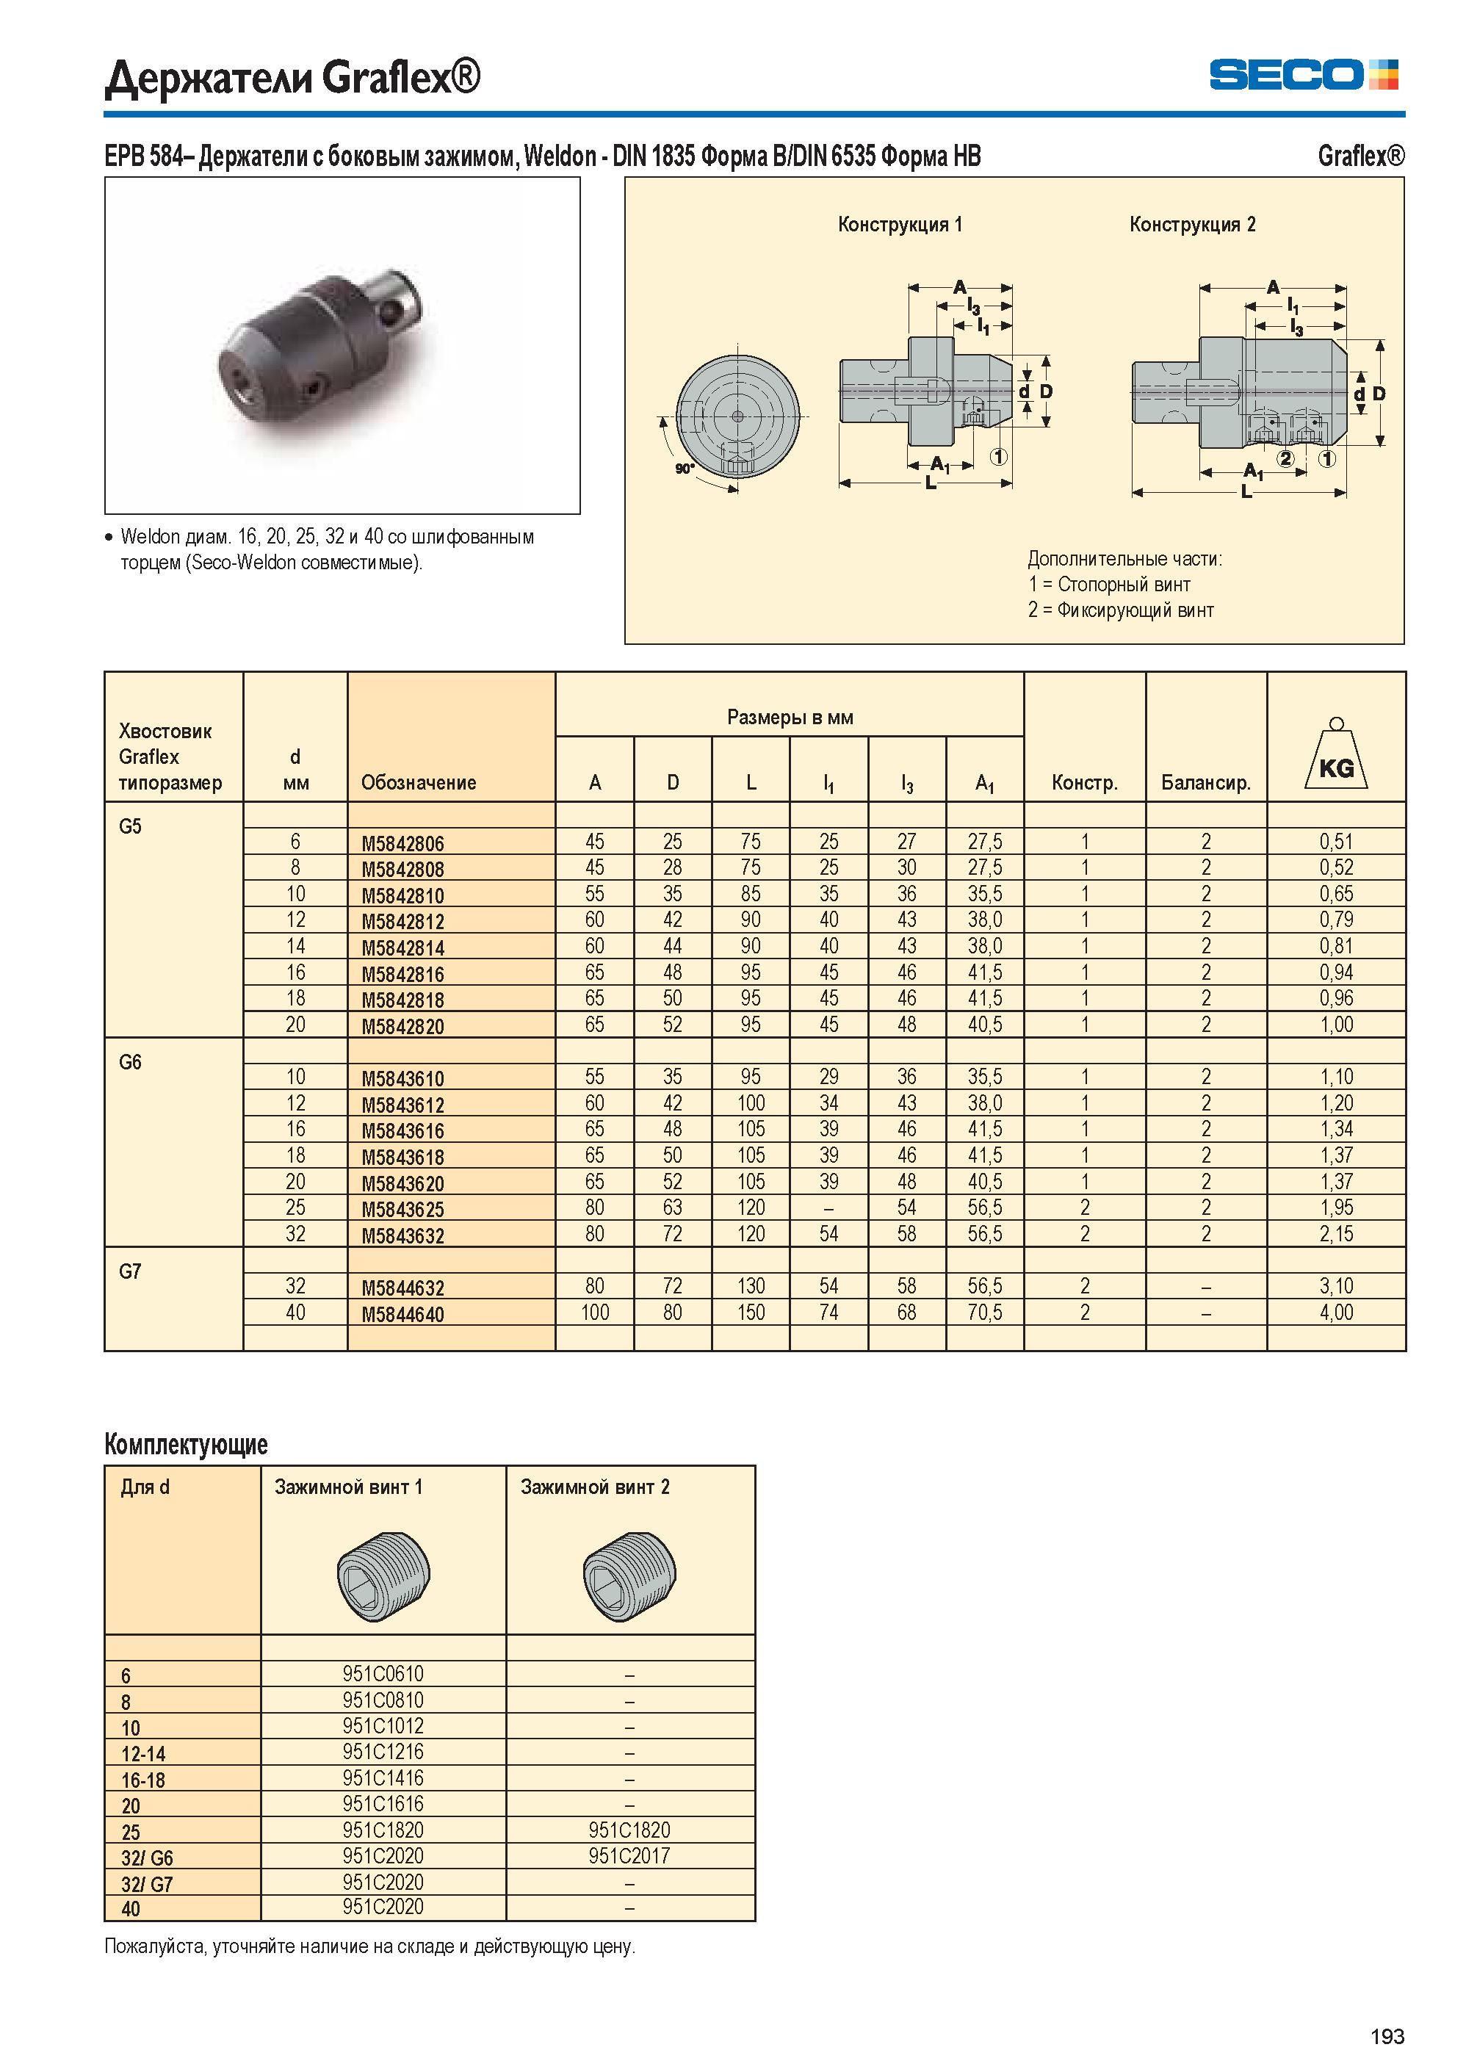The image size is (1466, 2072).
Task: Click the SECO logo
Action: pos(1303,74)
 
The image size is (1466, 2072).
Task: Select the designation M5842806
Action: pos(402,843)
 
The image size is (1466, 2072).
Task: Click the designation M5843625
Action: pos(402,1209)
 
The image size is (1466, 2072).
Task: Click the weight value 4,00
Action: pos(1336,1313)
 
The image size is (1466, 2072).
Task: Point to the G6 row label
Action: pos(130,1063)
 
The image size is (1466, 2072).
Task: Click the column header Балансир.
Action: pos(1206,783)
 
